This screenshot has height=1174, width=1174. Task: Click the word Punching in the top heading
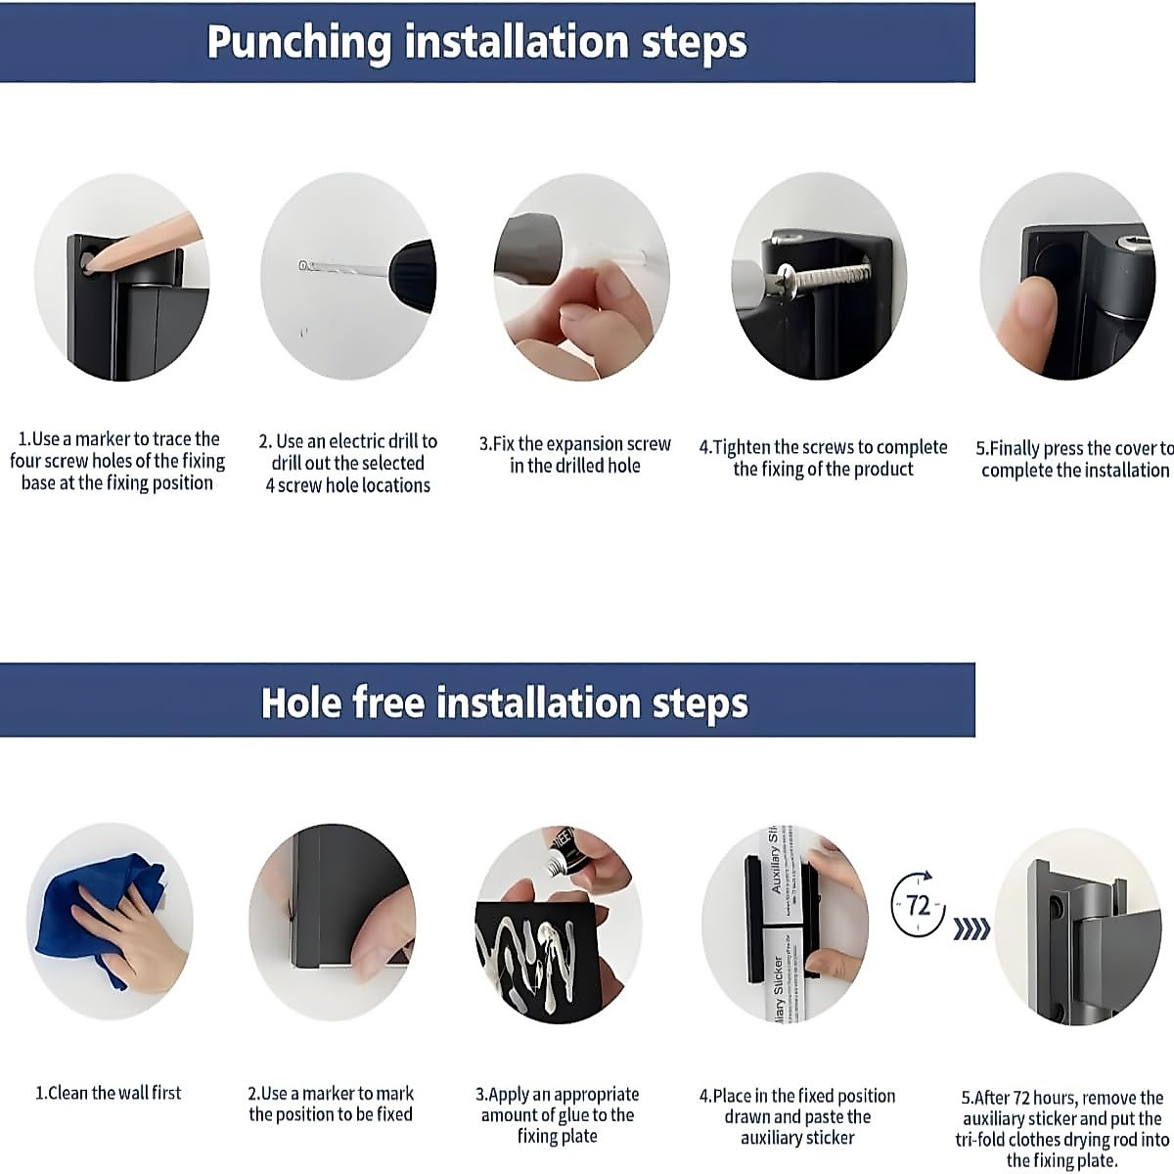[x=298, y=43]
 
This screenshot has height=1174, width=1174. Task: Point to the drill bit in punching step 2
[x=344, y=269]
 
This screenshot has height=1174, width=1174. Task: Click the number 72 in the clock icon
[x=918, y=906]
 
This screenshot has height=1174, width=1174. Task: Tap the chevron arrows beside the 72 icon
[x=971, y=930]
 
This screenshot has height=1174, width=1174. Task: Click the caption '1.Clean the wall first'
[x=109, y=1093]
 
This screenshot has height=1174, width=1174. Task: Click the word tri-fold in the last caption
[x=980, y=1140]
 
